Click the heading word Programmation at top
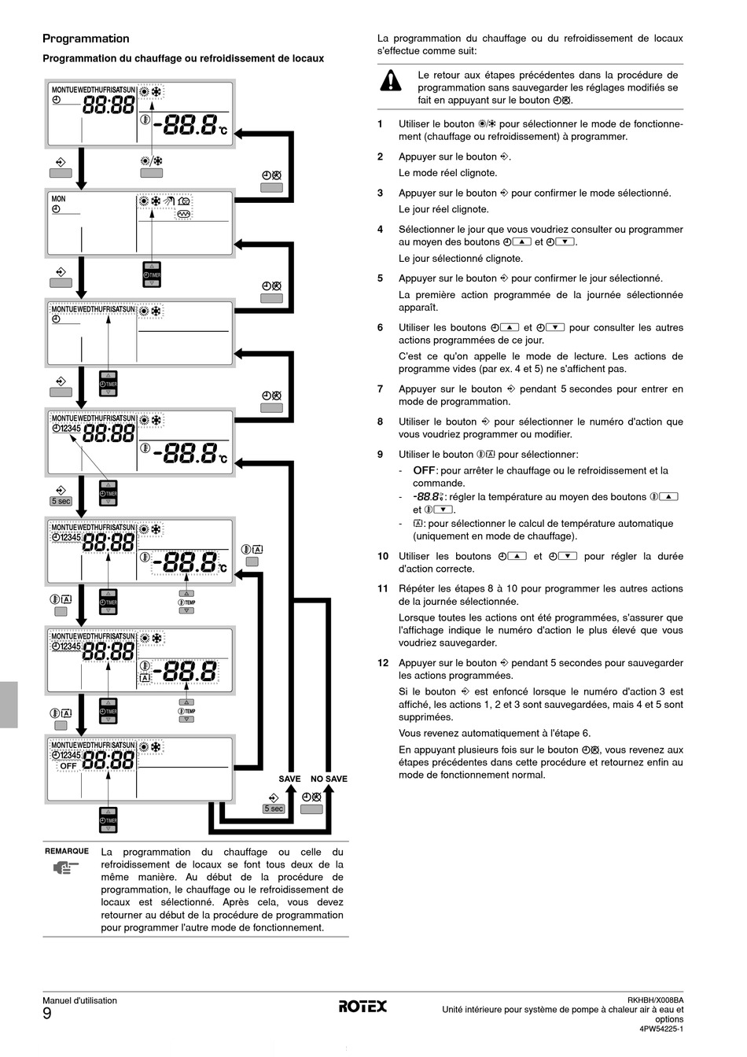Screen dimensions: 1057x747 point(86,39)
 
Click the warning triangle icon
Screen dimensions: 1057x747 point(390,80)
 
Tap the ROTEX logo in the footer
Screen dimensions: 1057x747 point(362,1006)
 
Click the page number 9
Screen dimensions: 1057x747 point(47,1015)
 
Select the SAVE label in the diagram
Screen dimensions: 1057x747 point(289,779)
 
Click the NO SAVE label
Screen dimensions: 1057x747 point(329,779)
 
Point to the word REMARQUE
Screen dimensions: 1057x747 point(67,851)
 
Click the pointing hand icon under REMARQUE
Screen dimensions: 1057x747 point(66,868)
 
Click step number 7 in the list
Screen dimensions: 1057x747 point(380,389)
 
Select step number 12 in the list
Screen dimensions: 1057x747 point(382,663)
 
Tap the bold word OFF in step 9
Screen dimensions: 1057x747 point(425,470)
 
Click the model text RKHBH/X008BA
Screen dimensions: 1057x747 point(656,1000)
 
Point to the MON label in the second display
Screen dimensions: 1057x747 point(59,199)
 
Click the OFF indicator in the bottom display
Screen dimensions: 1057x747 point(68,765)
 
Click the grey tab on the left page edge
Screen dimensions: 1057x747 point(9,705)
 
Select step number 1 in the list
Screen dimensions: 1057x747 point(380,123)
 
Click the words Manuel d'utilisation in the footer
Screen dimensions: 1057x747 point(79,1000)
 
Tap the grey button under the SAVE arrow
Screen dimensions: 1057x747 point(274,808)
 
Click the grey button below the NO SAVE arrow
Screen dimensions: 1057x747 point(311,809)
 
